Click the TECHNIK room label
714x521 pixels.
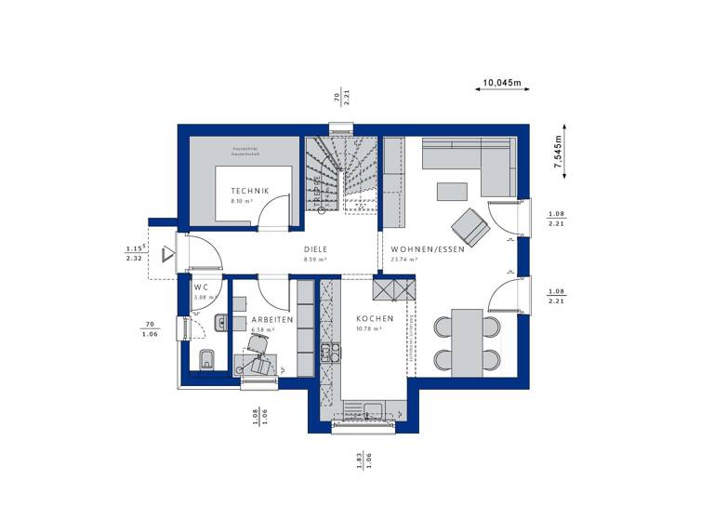click(x=250, y=191)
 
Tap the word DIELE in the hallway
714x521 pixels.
click(x=316, y=249)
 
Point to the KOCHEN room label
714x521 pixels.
click(x=375, y=318)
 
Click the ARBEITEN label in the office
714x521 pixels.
click(x=272, y=319)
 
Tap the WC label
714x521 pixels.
click(x=201, y=287)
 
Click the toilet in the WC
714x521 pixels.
click(x=206, y=358)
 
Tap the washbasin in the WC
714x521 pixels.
click(x=219, y=323)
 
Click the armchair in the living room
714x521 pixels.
click(x=468, y=224)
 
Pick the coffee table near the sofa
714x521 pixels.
click(x=453, y=192)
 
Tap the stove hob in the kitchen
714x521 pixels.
click(x=327, y=352)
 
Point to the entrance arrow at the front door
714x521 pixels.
click(x=167, y=253)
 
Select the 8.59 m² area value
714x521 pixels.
click(x=315, y=260)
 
